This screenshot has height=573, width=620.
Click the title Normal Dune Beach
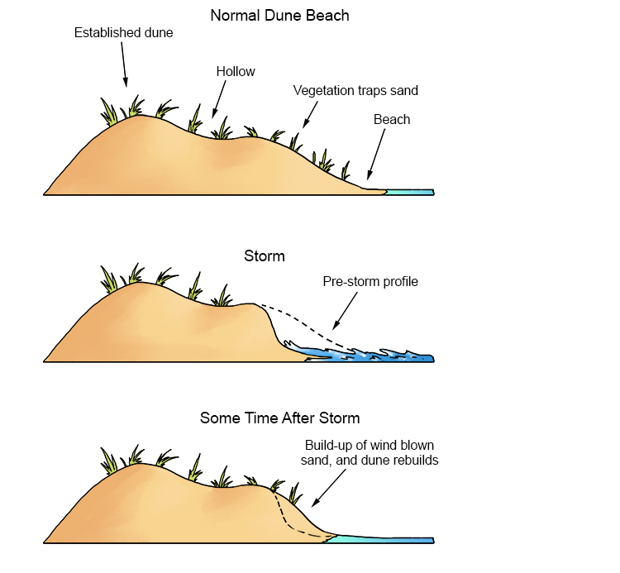279,16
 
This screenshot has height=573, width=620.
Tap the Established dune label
123,32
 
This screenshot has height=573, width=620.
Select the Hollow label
236,72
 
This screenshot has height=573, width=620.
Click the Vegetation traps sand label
355,91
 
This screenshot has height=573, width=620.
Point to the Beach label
392,119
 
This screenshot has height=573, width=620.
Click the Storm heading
265,255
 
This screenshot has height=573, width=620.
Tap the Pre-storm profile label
370,282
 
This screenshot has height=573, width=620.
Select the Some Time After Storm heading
279,418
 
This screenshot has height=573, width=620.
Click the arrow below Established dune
124,64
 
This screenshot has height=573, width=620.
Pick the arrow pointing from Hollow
219,99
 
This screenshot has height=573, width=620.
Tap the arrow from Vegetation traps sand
310,115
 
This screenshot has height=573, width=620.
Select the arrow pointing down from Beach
376,155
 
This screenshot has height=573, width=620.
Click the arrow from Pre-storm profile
345,311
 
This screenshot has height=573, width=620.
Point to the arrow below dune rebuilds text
328,488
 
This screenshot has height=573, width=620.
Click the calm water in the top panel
410,192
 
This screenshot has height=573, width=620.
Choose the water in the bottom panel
380,539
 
